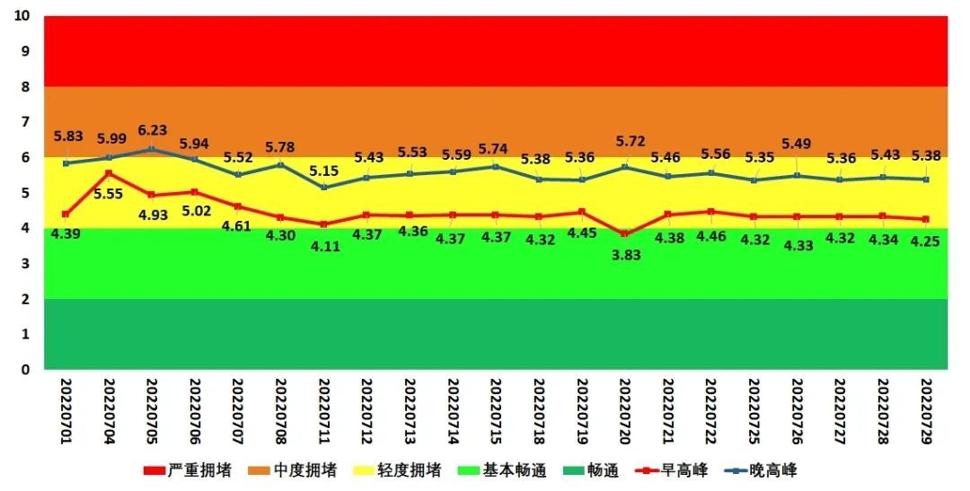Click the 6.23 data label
coord(152,130)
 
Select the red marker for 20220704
coord(109,173)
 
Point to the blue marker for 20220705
coord(152,149)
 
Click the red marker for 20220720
coord(625,233)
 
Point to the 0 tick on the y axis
coord(26,369)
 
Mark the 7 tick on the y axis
coord(26,122)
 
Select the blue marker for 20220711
coord(324,188)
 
